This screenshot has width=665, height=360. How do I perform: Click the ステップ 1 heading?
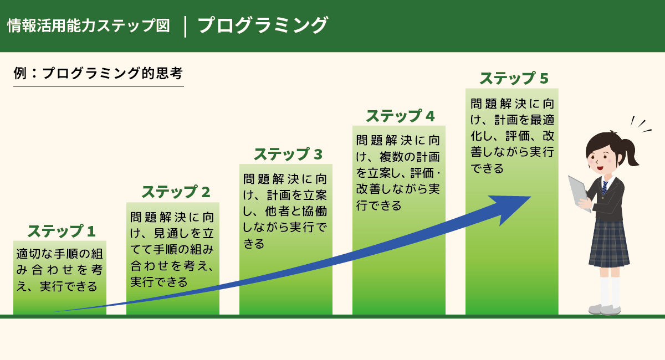click(62, 231)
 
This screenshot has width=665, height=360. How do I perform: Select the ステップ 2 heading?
click(176, 192)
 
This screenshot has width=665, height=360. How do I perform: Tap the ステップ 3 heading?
click(288, 155)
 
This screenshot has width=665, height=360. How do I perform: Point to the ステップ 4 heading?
click(400, 116)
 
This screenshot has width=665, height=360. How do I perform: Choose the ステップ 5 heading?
click(514, 78)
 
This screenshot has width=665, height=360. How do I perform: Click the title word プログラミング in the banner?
click(263, 25)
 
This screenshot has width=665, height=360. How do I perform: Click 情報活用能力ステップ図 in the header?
click(89, 25)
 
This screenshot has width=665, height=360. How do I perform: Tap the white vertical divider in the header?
click(185, 27)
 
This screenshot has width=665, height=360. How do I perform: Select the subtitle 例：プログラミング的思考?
click(98, 73)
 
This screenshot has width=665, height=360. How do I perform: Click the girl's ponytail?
click(630, 151)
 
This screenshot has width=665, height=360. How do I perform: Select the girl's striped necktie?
click(605, 188)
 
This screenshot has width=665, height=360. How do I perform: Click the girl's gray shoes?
click(605, 310)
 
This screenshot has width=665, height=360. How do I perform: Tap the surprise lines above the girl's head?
click(641, 124)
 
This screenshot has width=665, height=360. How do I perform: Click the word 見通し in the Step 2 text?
click(172, 233)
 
